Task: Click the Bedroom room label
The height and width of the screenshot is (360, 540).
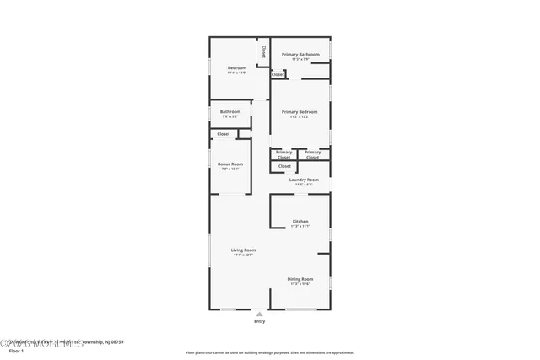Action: pyautogui.click(x=237, y=67)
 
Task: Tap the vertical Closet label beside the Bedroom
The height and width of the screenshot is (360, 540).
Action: pyautogui.click(x=264, y=52)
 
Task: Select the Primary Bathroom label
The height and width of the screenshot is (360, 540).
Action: pyautogui.click(x=300, y=55)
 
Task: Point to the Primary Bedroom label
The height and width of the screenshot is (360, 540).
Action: pyautogui.click(x=300, y=112)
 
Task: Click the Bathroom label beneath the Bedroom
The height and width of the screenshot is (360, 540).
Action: pyautogui.click(x=230, y=112)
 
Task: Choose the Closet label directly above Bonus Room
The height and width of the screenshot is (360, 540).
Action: pyautogui.click(x=224, y=134)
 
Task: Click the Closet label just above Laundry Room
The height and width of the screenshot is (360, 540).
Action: pyautogui.click(x=284, y=166)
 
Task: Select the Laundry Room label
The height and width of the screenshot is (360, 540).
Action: pyautogui.click(x=304, y=180)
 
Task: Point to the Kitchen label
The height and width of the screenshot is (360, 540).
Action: pyautogui.click(x=300, y=222)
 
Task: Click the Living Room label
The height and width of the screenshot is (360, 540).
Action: pyautogui.click(x=244, y=250)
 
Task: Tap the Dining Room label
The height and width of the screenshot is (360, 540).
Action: pyautogui.click(x=300, y=279)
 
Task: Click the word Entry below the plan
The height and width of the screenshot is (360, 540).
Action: pyautogui.click(x=259, y=321)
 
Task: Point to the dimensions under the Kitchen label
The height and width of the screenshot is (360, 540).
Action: pyautogui.click(x=300, y=227)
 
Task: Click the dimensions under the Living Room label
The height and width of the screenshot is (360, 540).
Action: pyautogui.click(x=244, y=255)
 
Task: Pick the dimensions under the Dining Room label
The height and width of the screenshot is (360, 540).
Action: pyautogui.click(x=300, y=284)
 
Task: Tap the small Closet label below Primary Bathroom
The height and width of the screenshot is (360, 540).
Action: pyautogui.click(x=278, y=74)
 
